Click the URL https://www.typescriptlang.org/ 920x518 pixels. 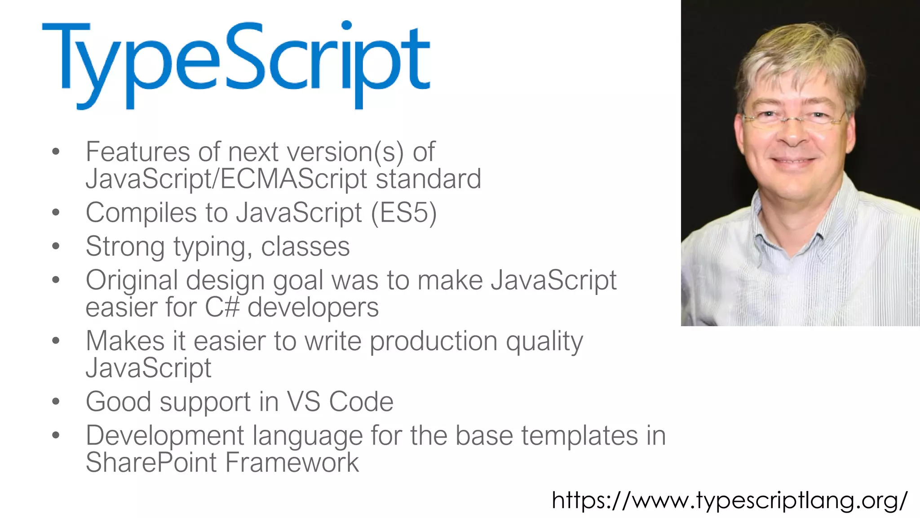tap(730, 500)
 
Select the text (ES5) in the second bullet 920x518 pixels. tap(403, 212)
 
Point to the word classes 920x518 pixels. tap(305, 246)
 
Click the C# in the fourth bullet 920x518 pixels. tap(222, 308)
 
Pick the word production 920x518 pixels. tap(433, 341)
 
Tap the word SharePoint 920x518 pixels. tap(151, 462)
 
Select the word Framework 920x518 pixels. tap(292, 462)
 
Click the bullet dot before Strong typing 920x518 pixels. tap(56, 246)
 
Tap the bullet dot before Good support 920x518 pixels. tap(56, 401)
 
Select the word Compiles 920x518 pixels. tap(141, 212)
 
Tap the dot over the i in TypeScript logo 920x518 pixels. tap(346, 25)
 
